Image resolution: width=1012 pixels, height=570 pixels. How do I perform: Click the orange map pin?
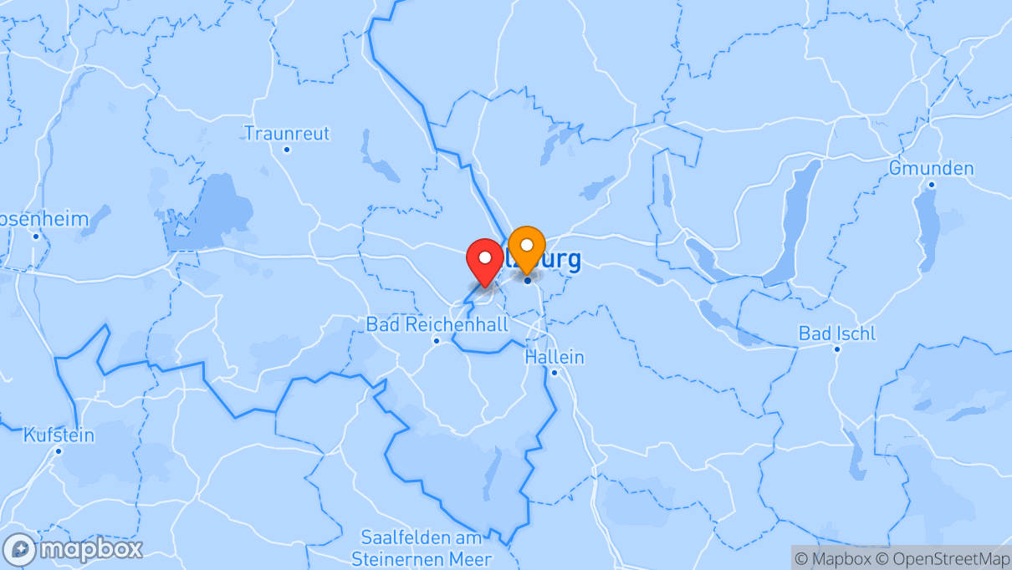(527, 247)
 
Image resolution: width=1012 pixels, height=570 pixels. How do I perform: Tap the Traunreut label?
(287, 134)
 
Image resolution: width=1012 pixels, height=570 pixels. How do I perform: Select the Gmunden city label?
(931, 169)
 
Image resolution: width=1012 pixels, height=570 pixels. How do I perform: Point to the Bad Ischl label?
(837, 333)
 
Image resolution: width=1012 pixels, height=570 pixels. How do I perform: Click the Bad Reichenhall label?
(437, 324)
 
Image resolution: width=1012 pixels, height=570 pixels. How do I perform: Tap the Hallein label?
(555, 357)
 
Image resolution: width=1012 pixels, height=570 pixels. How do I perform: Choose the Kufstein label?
(59, 435)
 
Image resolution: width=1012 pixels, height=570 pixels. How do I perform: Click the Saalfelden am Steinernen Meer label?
(422, 548)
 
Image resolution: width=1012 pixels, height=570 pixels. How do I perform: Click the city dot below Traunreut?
(287, 150)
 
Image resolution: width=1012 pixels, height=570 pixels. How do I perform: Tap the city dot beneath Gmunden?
(931, 185)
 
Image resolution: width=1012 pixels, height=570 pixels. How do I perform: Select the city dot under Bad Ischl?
(837, 349)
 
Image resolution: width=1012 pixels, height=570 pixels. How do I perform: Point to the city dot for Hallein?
(555, 372)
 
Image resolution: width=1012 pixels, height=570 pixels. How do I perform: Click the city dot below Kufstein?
(59, 451)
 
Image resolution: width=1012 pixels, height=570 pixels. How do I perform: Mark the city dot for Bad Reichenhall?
(437, 340)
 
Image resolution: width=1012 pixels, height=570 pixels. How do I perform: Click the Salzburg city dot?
(528, 280)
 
